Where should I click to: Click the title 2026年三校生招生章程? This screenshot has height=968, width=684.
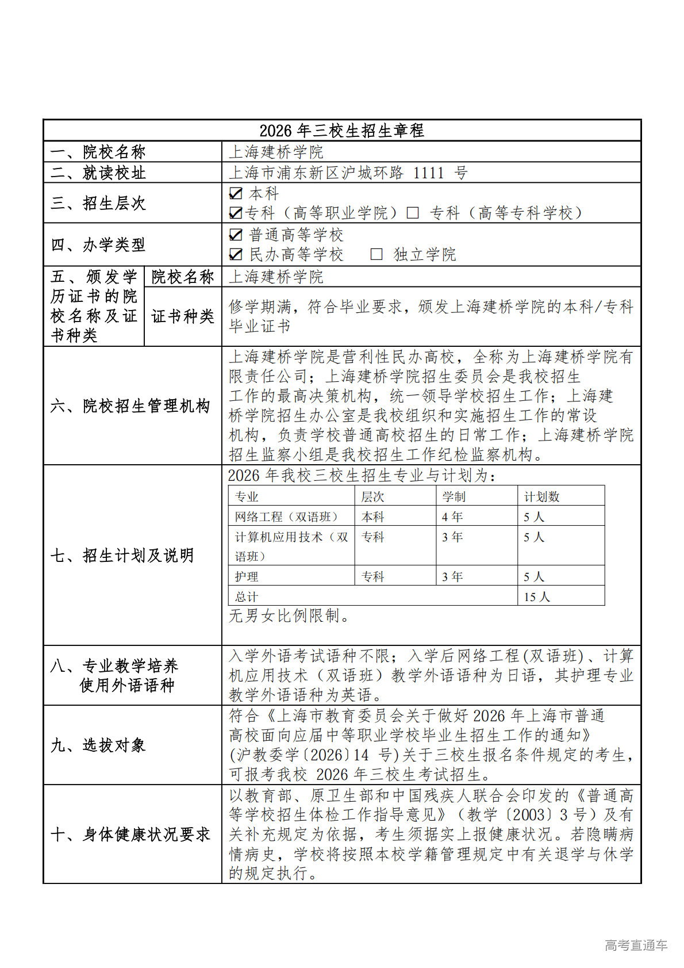click(x=341, y=131)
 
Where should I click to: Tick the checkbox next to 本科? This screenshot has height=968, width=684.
click(x=235, y=193)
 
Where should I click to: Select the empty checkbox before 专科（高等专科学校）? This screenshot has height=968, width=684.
click(x=412, y=213)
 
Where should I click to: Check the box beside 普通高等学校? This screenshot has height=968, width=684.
click(x=235, y=235)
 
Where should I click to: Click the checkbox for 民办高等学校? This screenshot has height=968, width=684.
click(x=235, y=254)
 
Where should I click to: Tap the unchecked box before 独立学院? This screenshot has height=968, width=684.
click(x=376, y=254)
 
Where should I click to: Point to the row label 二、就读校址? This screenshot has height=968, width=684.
click(x=98, y=173)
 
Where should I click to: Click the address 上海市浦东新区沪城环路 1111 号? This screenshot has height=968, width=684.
click(x=348, y=173)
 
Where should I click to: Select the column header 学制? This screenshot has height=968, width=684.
click(x=454, y=496)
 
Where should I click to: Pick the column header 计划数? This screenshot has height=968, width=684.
click(x=541, y=496)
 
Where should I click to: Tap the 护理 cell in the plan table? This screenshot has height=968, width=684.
click(x=247, y=576)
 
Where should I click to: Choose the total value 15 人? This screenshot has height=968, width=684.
click(x=537, y=596)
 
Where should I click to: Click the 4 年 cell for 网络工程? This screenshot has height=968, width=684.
click(x=452, y=516)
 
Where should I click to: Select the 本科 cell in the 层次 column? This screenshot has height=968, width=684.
click(x=373, y=516)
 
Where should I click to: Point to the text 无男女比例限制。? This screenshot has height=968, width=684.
click(x=289, y=616)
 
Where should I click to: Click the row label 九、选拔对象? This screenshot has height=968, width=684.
click(x=98, y=745)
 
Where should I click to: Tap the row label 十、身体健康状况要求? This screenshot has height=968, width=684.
click(x=130, y=835)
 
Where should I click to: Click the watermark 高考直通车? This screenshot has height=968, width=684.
click(x=636, y=945)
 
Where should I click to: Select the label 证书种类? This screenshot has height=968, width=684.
click(x=182, y=316)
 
